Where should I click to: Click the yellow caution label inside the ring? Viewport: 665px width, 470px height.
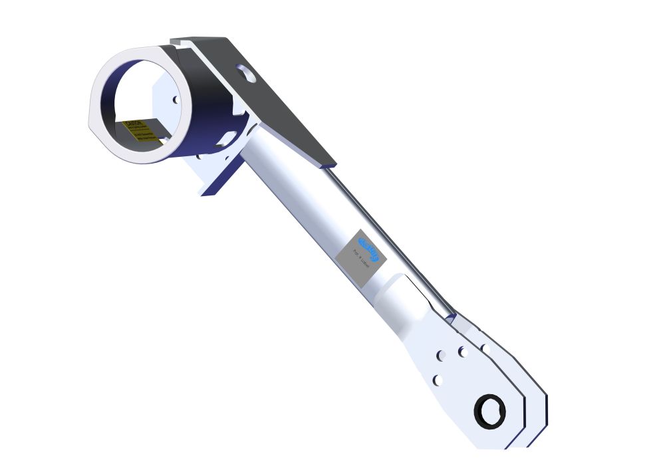tap(141, 131)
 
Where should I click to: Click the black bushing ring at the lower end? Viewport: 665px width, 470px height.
tap(490, 410)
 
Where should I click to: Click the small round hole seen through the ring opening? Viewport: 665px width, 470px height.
tap(176, 100)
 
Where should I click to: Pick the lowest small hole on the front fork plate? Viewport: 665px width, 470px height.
tap(437, 380)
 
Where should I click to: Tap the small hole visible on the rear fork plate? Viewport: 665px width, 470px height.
tap(485, 348)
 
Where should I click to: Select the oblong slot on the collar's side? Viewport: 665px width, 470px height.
tap(225, 137)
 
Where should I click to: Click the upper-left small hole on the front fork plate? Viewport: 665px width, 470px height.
tap(440, 356)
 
